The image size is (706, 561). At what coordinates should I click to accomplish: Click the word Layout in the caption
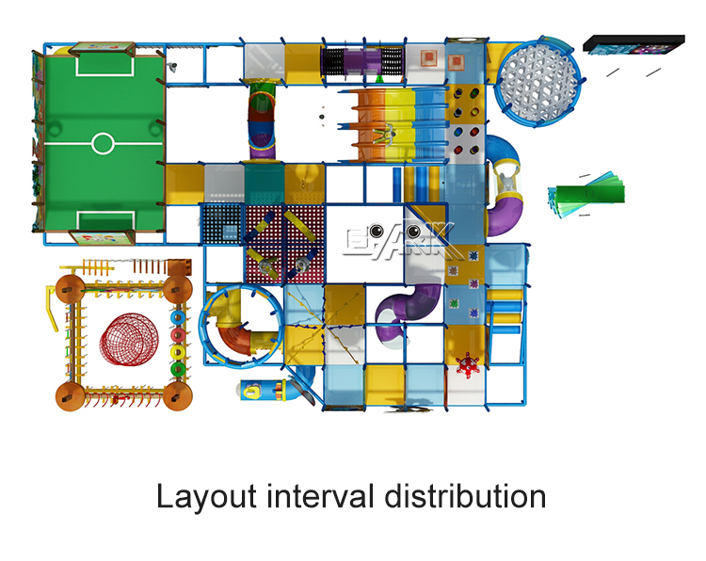click(x=201, y=496)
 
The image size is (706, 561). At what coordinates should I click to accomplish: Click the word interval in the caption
click(x=317, y=496)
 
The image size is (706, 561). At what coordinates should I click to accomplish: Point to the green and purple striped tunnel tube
click(x=260, y=118)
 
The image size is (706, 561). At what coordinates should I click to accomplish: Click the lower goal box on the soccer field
click(x=102, y=221)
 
